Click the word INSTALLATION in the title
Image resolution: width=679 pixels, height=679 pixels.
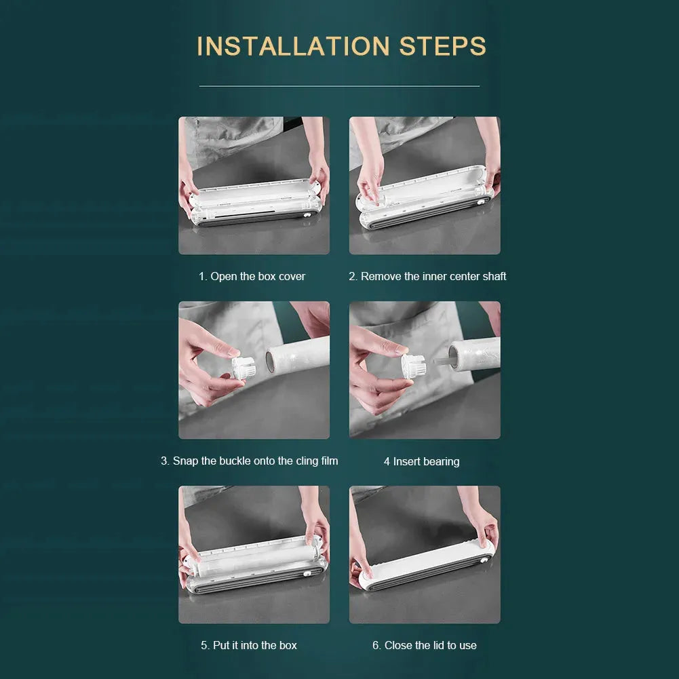(x=293, y=46)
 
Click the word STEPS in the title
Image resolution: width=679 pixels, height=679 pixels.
(x=442, y=46)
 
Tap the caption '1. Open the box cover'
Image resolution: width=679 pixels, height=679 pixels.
(x=252, y=276)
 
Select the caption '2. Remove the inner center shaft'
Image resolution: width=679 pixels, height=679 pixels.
(x=427, y=276)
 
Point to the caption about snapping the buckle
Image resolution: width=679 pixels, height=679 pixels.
(x=250, y=461)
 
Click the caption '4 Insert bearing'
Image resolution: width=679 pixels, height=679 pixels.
(x=421, y=462)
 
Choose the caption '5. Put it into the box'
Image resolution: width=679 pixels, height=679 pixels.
(x=249, y=645)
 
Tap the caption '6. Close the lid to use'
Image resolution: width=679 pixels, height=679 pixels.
(x=425, y=645)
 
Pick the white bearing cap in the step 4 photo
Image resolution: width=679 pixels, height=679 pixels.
(x=414, y=366)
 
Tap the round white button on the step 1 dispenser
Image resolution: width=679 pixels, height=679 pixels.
(x=307, y=215)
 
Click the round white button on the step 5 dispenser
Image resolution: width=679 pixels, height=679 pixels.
(x=307, y=573)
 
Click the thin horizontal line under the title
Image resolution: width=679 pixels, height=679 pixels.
(x=339, y=86)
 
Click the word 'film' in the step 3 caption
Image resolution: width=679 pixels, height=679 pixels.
(x=329, y=461)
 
